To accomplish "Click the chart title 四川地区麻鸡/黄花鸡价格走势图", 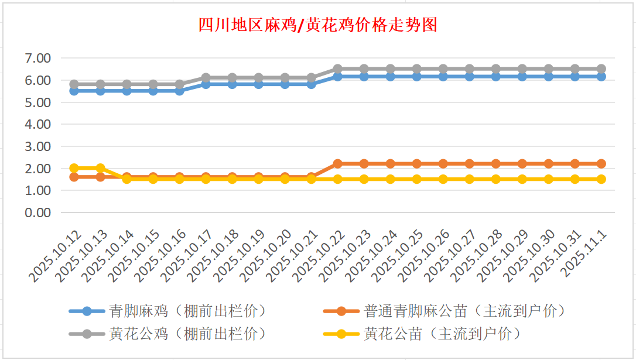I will (x=317, y=25).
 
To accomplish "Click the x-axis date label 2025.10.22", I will (x=320, y=256).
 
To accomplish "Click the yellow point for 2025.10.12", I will (x=74, y=168).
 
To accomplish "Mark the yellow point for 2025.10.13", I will (x=101, y=168).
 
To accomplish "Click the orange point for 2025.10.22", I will (x=338, y=164).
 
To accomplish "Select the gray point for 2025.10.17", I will (x=206, y=77).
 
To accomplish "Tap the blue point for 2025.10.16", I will (x=180, y=91).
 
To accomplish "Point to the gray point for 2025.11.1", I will (x=601, y=68).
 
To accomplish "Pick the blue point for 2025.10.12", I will (x=74, y=91).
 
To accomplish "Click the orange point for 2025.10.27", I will (x=470, y=164).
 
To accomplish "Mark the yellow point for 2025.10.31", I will (x=575, y=179).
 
